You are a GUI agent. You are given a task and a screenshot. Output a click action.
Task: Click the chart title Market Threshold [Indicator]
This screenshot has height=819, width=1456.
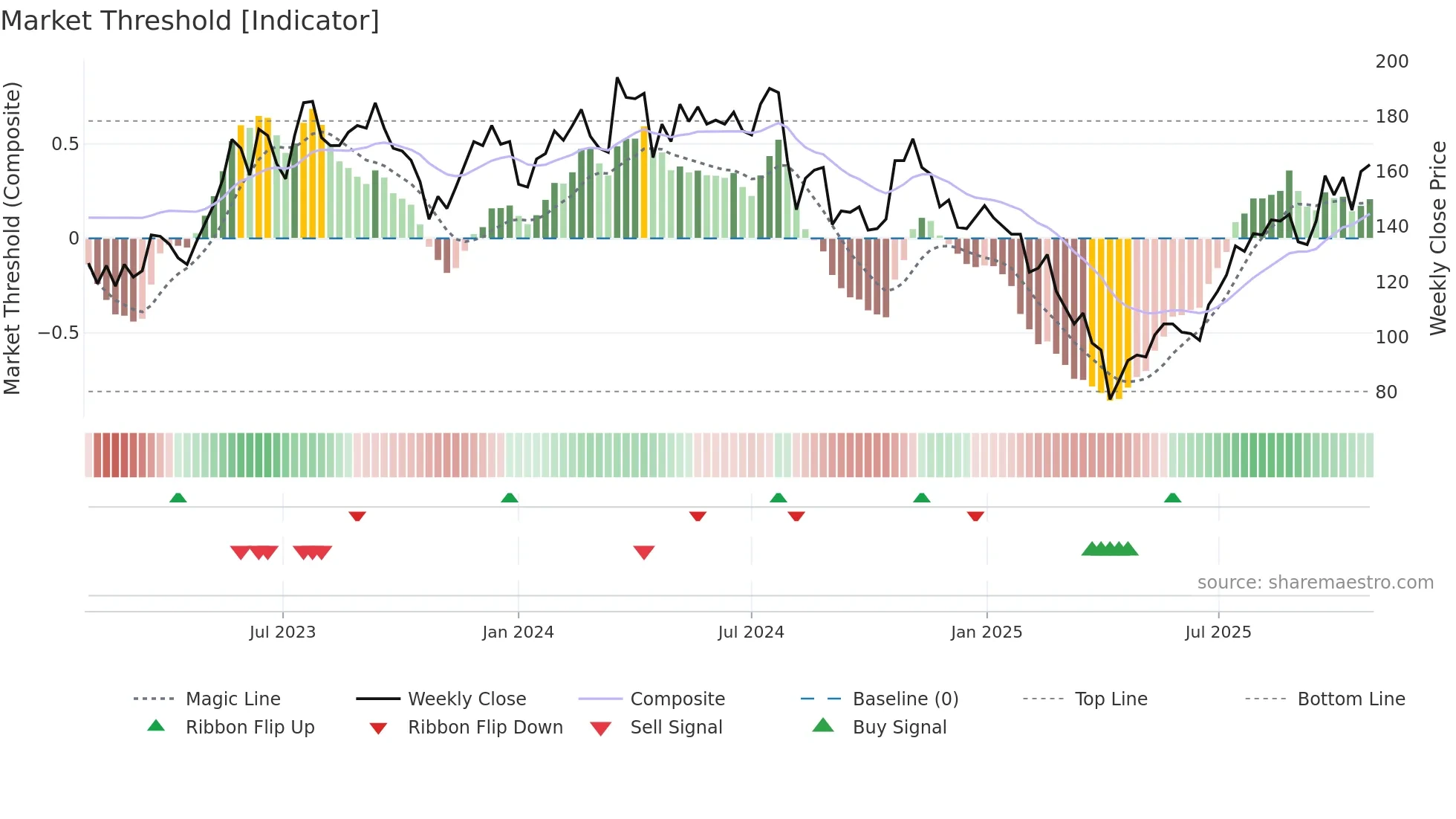pos(190,21)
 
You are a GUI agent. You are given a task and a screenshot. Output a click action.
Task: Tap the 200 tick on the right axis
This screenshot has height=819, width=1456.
pos(1391,62)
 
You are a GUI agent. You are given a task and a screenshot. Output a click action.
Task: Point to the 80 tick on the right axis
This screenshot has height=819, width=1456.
pos(1385,392)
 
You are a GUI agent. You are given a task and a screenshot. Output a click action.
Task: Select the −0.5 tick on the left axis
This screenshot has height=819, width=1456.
pos(58,332)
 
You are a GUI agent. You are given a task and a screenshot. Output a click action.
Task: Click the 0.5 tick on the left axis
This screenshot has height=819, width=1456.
pos(65,143)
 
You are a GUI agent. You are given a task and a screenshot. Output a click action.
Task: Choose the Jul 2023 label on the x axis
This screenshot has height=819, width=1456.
pos(282,632)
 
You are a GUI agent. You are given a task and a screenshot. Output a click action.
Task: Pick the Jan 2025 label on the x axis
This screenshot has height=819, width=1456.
pos(986,632)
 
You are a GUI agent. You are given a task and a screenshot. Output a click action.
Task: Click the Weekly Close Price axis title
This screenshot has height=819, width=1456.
pos(1438,238)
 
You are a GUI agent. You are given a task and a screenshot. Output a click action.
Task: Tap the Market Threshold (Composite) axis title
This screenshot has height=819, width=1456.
pos(12,238)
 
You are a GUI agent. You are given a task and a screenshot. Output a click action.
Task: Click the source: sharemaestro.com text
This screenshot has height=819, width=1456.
pos(1315,583)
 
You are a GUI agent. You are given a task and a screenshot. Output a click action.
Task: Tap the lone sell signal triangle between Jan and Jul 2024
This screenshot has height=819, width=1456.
pos(644,552)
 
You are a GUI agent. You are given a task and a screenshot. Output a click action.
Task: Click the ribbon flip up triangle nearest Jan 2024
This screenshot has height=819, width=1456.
pos(510,498)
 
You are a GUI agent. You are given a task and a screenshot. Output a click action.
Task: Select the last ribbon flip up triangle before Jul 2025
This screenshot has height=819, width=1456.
pos(1172,498)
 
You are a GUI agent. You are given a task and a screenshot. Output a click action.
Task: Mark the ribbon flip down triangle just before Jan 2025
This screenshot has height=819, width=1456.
pos(975,516)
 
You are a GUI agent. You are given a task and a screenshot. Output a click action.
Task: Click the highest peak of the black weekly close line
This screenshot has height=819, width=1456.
pos(617,78)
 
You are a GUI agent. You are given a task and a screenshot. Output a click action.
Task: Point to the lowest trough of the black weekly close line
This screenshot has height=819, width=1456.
pos(1110,399)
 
